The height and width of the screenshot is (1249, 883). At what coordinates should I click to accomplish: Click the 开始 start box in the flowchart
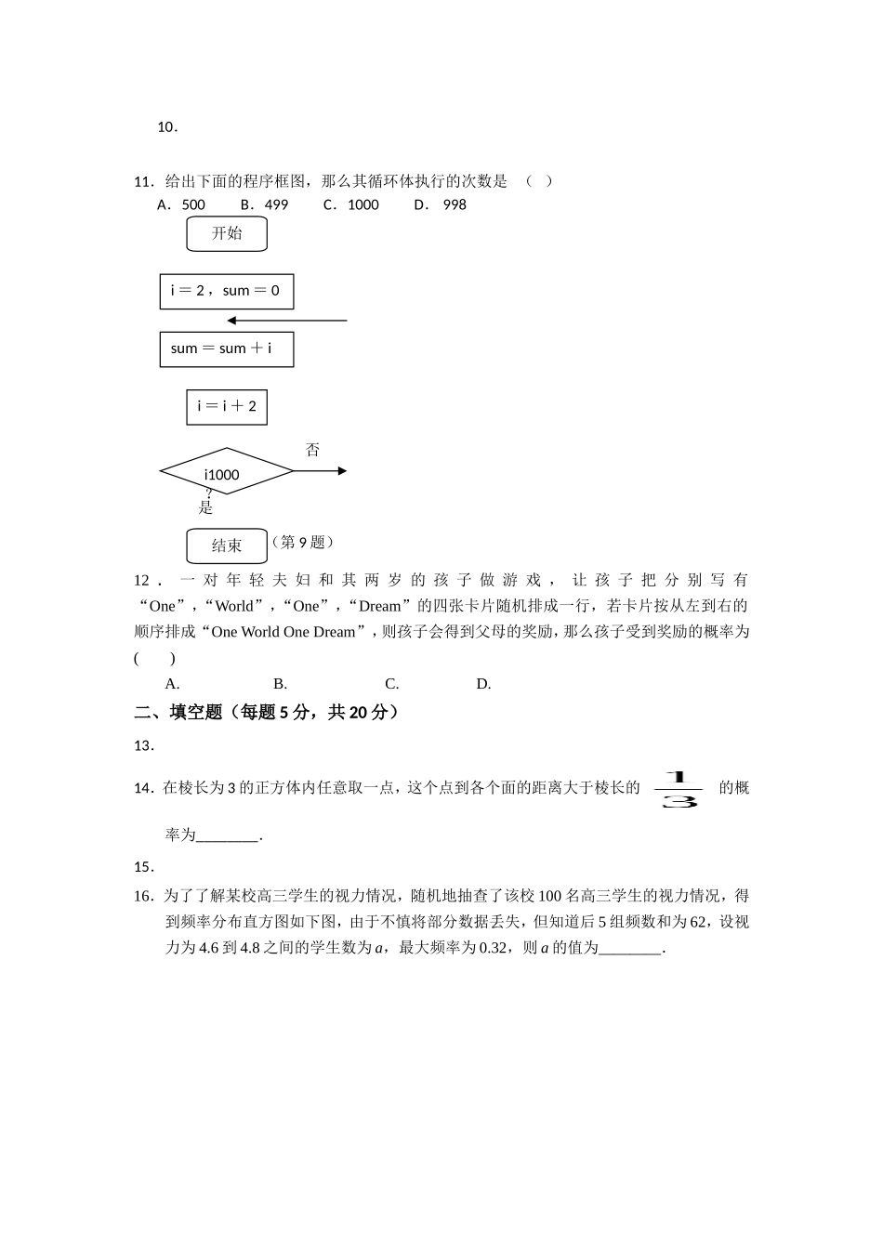227,234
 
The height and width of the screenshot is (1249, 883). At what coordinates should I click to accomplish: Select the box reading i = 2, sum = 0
226,291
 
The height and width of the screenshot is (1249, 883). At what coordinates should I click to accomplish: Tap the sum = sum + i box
226,349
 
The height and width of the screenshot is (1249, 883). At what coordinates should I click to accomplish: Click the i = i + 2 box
227,407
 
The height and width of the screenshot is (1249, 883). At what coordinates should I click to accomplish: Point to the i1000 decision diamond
226,472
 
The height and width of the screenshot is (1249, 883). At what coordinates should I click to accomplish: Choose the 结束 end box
227,546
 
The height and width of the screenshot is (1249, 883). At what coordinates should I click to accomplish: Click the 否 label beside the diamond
312,450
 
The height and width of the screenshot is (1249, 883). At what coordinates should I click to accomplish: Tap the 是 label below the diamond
206,507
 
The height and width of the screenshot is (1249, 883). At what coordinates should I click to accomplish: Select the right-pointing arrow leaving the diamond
321,471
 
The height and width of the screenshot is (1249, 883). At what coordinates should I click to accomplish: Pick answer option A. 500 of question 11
181,204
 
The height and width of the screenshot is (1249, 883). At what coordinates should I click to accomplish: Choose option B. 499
264,204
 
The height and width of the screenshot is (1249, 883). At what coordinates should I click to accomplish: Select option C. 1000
351,204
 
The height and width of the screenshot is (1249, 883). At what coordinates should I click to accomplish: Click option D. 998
441,204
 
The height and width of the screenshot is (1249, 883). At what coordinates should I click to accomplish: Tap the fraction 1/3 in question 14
679,789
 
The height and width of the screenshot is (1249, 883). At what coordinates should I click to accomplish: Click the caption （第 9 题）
303,542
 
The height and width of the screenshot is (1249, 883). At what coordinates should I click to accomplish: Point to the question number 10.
167,127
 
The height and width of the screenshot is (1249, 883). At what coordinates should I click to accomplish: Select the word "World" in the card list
233,606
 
